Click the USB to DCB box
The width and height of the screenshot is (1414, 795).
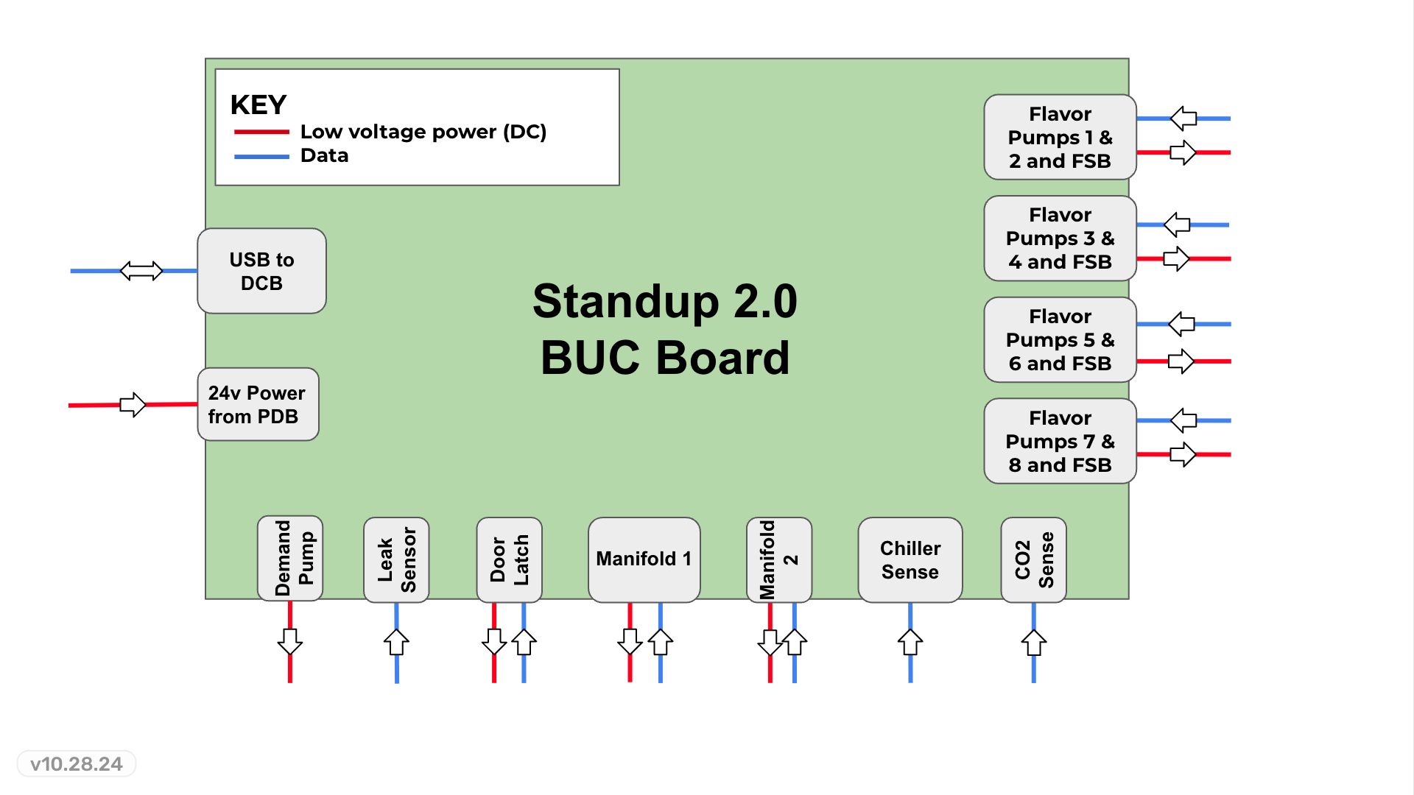click(261, 271)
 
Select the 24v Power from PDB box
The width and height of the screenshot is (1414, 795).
click(258, 404)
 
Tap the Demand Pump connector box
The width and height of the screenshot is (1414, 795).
click(290, 558)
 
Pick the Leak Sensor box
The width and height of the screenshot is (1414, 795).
click(396, 559)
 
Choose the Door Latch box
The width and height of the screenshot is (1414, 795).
click(509, 559)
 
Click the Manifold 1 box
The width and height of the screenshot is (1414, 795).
click(644, 559)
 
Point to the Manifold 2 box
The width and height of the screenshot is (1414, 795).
click(778, 559)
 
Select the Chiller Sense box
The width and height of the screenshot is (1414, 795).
click(910, 559)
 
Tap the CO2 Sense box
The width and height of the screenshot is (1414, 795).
click(1033, 559)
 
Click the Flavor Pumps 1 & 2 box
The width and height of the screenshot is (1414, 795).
click(1060, 137)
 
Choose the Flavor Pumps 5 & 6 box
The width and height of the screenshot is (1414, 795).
click(1060, 339)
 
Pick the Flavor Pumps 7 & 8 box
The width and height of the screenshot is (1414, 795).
click(1060, 441)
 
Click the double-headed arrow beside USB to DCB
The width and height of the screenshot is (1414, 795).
click(141, 271)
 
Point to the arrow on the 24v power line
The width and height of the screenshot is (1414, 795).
click(133, 404)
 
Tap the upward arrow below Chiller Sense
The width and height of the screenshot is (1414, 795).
click(910, 642)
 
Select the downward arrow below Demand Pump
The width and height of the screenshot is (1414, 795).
click(290, 641)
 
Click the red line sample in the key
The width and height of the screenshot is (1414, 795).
click(261, 132)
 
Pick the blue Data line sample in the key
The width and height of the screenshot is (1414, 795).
click(261, 157)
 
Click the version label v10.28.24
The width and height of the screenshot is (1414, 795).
click(77, 764)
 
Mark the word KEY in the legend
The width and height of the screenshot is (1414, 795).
click(258, 105)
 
